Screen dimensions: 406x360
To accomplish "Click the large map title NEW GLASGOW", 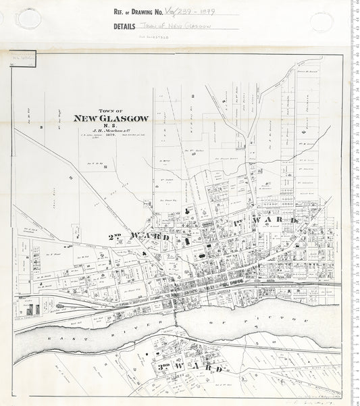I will [x=111, y=118].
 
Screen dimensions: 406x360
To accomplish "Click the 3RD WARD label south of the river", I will [x=192, y=367].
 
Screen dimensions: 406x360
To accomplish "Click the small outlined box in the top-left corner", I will [x=23, y=59].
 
